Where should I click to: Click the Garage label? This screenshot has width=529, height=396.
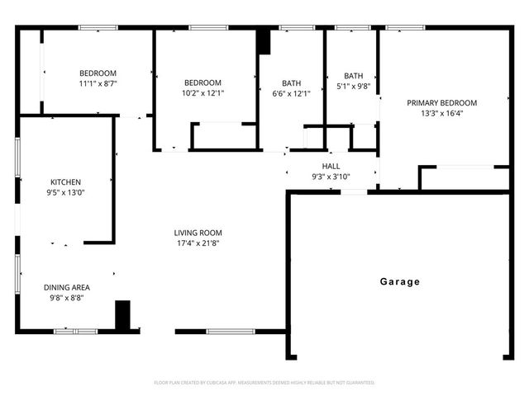pyautogui.click(x=400, y=282)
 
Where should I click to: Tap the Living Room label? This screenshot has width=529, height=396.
pyautogui.click(x=198, y=233)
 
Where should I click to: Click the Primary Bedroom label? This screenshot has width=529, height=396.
pyautogui.click(x=441, y=103)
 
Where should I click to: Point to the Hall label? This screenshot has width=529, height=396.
pyautogui.click(x=331, y=166)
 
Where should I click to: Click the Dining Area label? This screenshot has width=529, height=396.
pyautogui.click(x=67, y=287)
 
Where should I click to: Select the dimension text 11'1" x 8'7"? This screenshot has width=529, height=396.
pyautogui.click(x=98, y=83)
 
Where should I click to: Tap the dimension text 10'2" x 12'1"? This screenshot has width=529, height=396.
pyautogui.click(x=203, y=93)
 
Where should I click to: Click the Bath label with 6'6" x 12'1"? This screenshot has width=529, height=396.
pyautogui.click(x=291, y=82)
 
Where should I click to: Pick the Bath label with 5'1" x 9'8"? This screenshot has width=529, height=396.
pyautogui.click(x=353, y=75)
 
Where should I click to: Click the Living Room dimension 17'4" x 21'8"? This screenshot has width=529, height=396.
pyautogui.click(x=198, y=243)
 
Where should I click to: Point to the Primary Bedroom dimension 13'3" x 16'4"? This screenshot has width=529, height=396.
pyautogui.click(x=441, y=114)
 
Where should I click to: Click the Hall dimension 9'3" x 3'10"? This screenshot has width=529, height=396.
pyautogui.click(x=331, y=176)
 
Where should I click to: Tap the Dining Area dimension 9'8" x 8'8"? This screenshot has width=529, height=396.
pyautogui.click(x=67, y=298)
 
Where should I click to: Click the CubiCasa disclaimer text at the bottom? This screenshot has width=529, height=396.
pyautogui.click(x=264, y=383)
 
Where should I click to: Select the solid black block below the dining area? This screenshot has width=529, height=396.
pyautogui.click(x=122, y=316)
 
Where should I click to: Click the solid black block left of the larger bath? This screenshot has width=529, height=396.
pyautogui.click(x=263, y=42)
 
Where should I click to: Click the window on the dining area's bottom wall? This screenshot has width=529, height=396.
pyautogui.click(x=75, y=332)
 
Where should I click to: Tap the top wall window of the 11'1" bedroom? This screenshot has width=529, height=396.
pyautogui.click(x=97, y=29)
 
